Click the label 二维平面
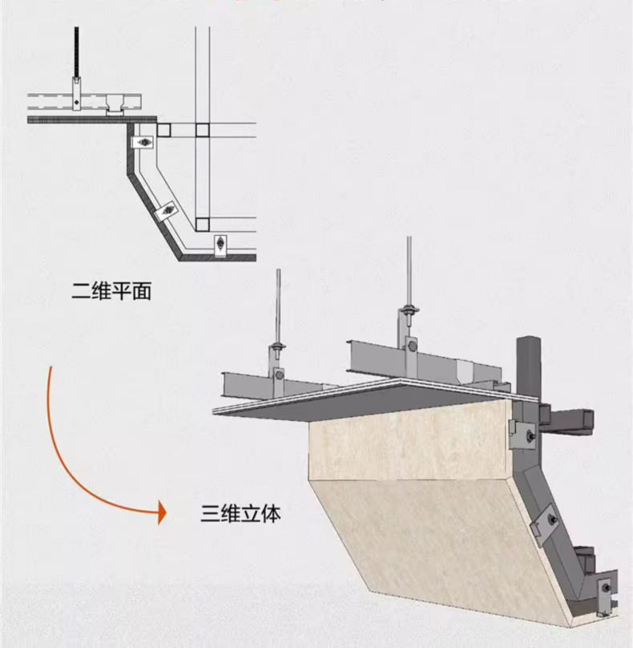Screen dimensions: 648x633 [111, 292]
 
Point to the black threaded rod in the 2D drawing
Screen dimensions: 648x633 [78, 52]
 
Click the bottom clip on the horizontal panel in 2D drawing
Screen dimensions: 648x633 [220, 245]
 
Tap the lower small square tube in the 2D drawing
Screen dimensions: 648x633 [202, 223]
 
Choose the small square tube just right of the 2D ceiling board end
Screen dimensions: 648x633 [164, 130]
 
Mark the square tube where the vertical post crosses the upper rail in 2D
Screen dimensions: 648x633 [202, 130]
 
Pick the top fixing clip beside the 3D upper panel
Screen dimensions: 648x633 [522, 433]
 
